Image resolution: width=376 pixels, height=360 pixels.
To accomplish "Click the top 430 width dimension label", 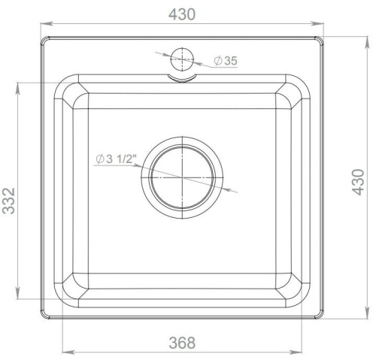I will tap(181, 14).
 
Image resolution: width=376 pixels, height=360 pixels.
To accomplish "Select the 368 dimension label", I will tap(181, 343).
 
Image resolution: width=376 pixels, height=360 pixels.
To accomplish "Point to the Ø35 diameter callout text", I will tap(226, 61).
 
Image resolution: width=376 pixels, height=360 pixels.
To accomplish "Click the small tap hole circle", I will tap(183, 59).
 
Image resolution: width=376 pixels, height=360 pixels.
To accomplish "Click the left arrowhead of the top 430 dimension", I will tap(44, 25).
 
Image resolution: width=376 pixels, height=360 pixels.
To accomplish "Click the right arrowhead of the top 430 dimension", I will tap(321, 25).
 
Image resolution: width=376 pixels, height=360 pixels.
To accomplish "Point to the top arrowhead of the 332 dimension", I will tap(17, 84).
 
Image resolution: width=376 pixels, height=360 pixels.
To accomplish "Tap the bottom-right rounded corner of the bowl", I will tap(299, 295).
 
